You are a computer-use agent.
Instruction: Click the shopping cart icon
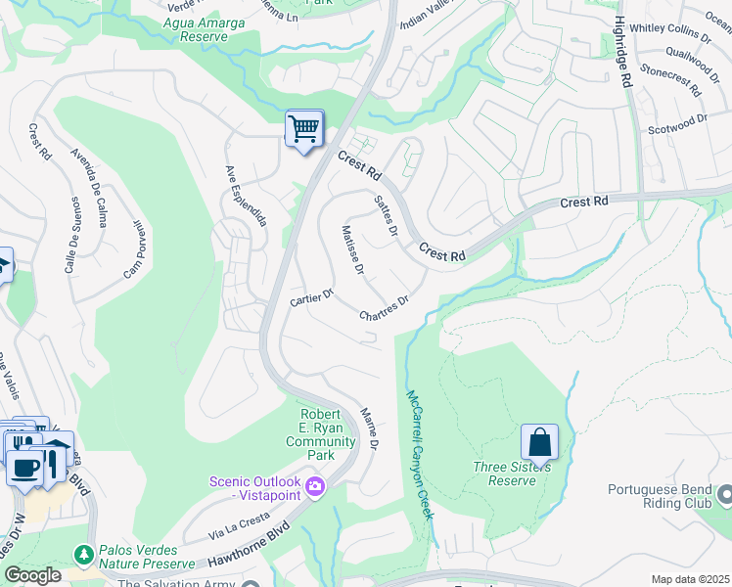coord(304,128)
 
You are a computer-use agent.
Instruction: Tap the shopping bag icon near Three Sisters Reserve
coord(539,443)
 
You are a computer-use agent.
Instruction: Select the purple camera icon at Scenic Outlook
coord(315,486)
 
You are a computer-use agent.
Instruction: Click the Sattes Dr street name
coord(387,214)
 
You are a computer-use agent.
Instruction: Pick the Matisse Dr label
coord(353,248)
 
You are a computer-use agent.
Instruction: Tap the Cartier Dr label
coord(312,296)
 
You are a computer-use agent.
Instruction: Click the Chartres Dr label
coord(383,309)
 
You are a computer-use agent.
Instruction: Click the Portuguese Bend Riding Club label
coord(669,496)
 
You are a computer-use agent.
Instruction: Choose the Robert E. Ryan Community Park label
coord(320,434)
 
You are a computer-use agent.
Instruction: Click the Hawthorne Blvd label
coord(250,558)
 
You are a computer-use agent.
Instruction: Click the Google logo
coord(32,575)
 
